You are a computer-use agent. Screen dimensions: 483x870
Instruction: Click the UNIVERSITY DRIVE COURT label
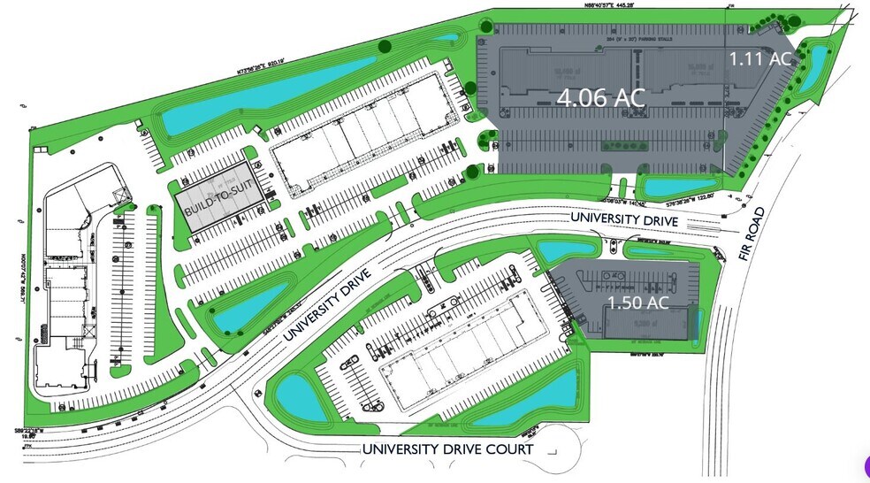coord(447,449)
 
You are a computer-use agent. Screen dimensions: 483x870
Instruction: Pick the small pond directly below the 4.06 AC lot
coord(669,187)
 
